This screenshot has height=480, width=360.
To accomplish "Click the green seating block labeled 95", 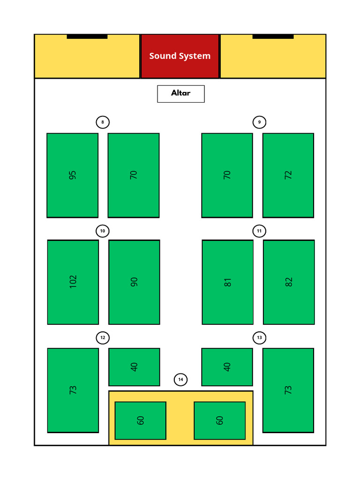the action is coord(73,175).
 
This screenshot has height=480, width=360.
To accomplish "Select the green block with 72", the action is coord(288,175).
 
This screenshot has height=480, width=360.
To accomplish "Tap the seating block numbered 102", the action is coord(73,282).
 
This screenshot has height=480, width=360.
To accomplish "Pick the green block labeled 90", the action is coord(135,282).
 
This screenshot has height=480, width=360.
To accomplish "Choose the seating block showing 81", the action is coord(228,282).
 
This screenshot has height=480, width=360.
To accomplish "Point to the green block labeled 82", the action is coord(289,282).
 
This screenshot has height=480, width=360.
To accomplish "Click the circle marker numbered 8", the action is coord(103,122).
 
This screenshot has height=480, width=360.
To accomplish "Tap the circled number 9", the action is coord(259,122).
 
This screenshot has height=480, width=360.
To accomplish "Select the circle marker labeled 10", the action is coord(103,231).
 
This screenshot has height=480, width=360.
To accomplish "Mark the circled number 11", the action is coord(259,231).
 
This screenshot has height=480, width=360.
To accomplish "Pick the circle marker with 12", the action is coord(103,337).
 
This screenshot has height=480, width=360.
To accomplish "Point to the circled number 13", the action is coord(259,337).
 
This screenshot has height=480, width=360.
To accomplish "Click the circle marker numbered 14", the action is coord(180,380).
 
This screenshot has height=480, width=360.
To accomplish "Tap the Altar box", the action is coord(181,94).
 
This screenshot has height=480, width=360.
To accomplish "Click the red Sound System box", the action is coord(180,56).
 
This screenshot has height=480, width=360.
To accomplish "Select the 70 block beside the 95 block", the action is coord(134,175).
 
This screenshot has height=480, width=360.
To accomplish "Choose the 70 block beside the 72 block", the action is coord(227,175).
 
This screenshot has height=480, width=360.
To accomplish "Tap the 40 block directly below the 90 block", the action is coord(135,367).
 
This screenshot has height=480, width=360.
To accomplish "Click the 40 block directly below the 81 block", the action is coord(227,367).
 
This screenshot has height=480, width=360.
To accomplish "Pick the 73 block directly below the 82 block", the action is coord(288,390).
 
